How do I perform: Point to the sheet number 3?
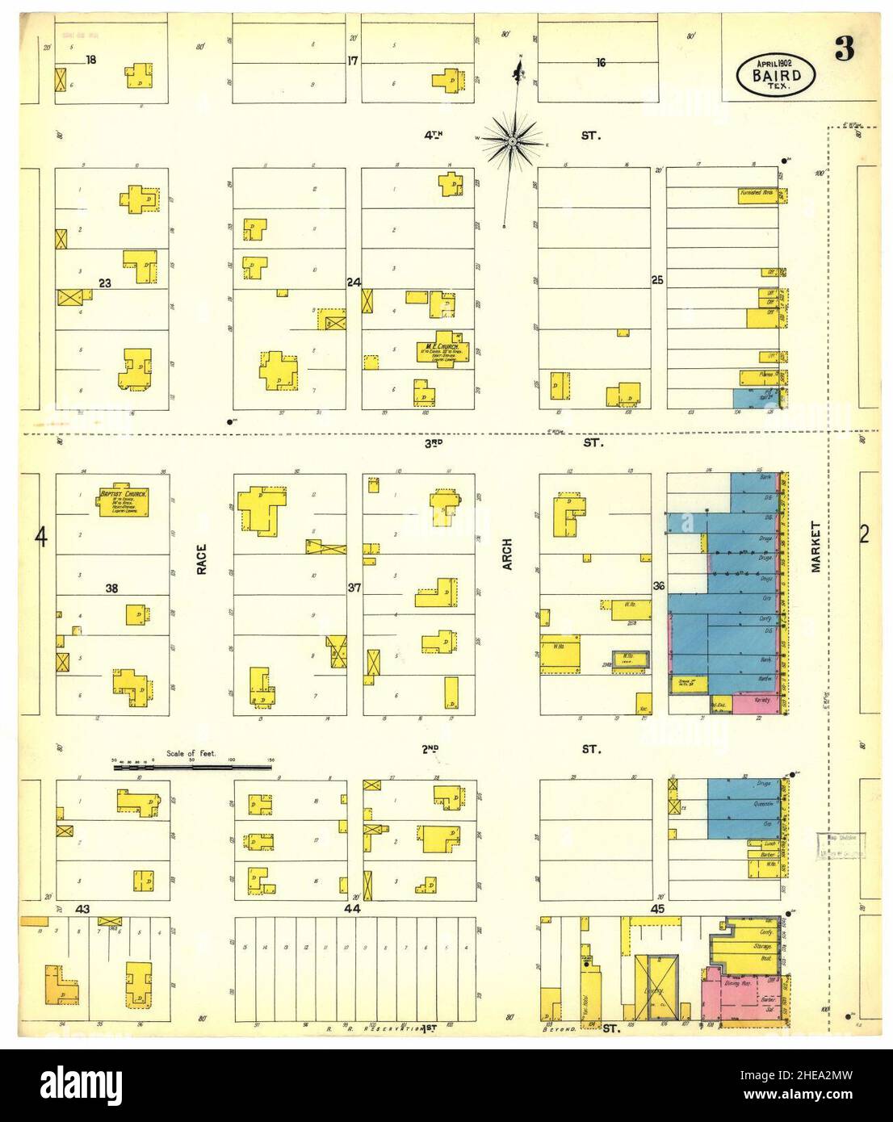[844, 50]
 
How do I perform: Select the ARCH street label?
[508, 555]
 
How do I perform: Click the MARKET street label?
[815, 546]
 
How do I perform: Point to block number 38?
[111, 588]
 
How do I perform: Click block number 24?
[353, 283]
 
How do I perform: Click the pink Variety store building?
[757, 703]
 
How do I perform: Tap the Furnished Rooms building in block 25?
[757, 195]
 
